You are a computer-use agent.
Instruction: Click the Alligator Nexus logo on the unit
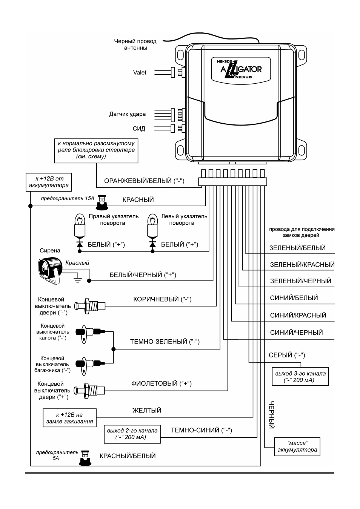pyautogui.click(x=241, y=69)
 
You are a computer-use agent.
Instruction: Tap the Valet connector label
pyautogui.click(x=140, y=72)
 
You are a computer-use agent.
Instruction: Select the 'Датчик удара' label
pyautogui.click(x=127, y=114)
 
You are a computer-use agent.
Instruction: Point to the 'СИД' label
pyautogui.click(x=139, y=129)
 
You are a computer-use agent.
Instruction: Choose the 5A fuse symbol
pyautogui.click(x=85, y=458)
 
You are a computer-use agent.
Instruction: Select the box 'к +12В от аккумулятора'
pyautogui.click(x=49, y=182)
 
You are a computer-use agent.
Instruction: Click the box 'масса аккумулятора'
pyautogui.click(x=297, y=446)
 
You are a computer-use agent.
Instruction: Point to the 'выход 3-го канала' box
pyautogui.click(x=300, y=377)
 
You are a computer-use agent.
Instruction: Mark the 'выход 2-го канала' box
pyautogui.click(x=132, y=434)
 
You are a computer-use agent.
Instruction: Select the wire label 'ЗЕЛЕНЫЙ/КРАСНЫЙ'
pyautogui.click(x=302, y=265)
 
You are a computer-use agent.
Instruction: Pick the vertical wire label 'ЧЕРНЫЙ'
pyautogui.click(x=272, y=415)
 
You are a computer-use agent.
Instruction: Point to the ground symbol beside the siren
pyautogui.click(x=78, y=280)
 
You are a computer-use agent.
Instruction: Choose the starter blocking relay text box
pyautogui.click(x=96, y=151)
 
